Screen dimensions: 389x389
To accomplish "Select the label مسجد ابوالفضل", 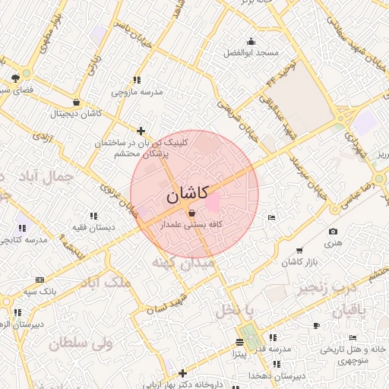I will click(x=251, y=53).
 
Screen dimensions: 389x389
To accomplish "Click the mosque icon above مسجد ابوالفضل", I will click(x=251, y=42).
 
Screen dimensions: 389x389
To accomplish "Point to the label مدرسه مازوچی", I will click(x=138, y=92).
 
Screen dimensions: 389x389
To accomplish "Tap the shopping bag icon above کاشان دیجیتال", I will click(x=76, y=103).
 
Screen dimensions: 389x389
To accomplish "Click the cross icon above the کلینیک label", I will click(x=140, y=131).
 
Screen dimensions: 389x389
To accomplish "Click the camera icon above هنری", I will click(x=333, y=232).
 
